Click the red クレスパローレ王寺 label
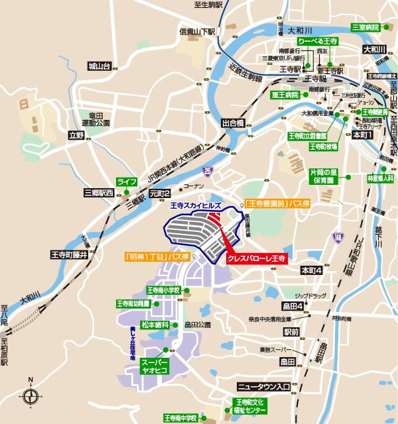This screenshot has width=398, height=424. tap(256, 259)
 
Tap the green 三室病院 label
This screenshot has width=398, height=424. tap(365, 27)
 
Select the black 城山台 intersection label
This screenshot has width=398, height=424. tap(101, 65)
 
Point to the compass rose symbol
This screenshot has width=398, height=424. tap(31, 397)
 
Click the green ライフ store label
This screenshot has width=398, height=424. tap(126, 182)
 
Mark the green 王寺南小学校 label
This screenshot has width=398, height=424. tap(164, 290)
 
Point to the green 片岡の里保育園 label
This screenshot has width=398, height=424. tap(324, 176)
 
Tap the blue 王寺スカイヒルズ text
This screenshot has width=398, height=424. tap(195, 207)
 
